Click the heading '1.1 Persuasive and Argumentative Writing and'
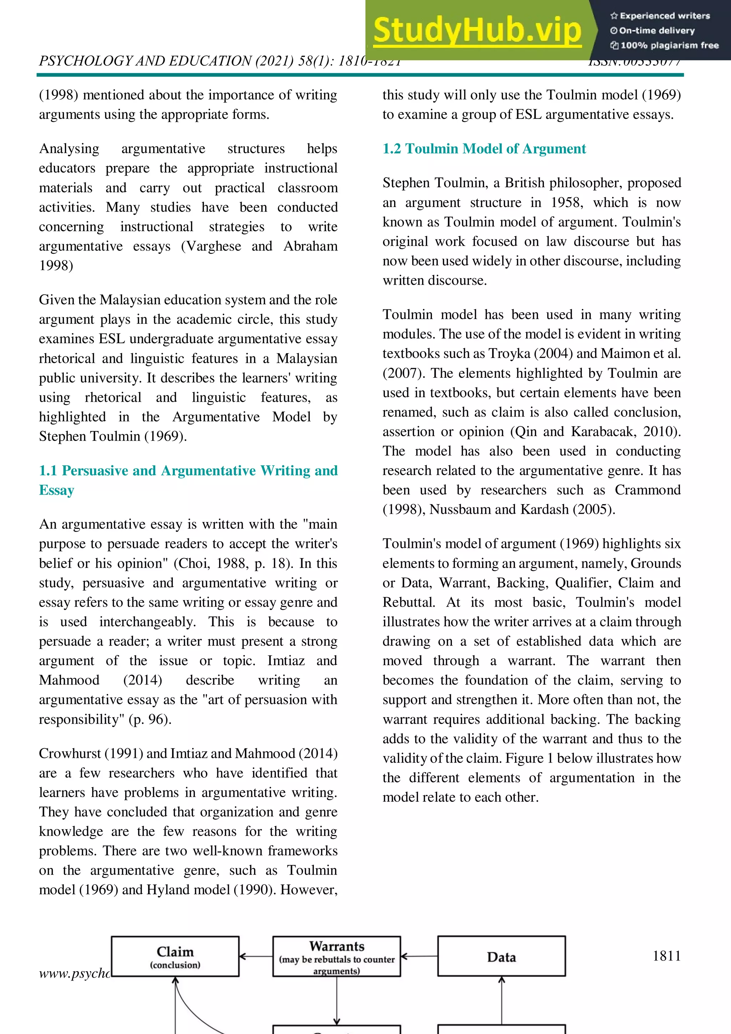(x=188, y=470)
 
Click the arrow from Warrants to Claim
(x=256, y=956)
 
